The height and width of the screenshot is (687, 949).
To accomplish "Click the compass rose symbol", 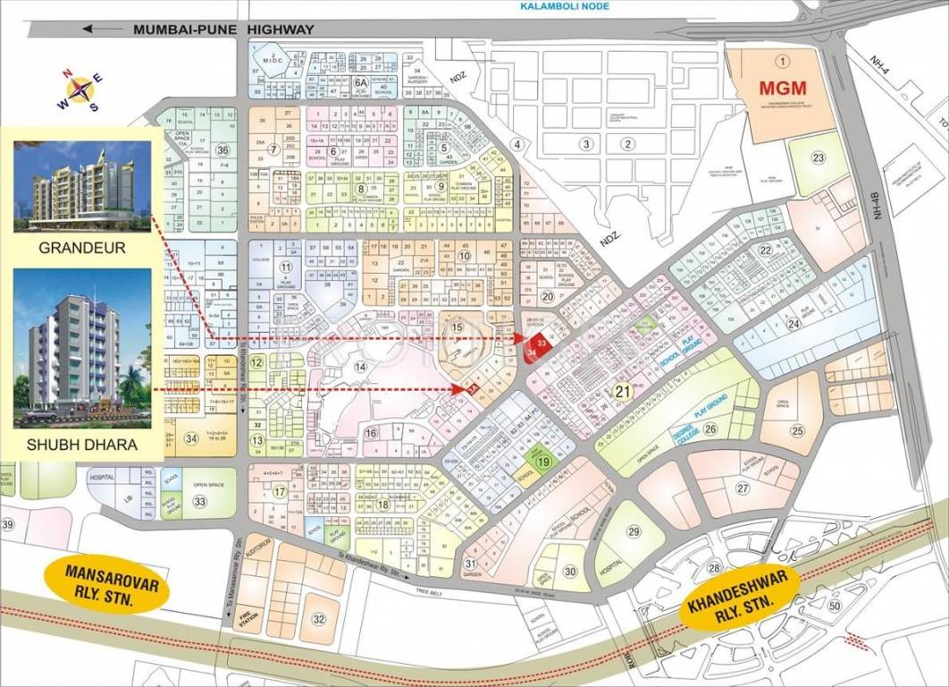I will click(x=80, y=91).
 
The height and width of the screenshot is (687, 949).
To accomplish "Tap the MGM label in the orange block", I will click(x=784, y=89).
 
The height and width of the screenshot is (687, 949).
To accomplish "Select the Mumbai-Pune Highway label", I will click(x=223, y=30).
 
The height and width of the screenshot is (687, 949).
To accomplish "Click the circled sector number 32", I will click(x=318, y=619).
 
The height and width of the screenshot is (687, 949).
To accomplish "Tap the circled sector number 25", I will click(x=797, y=430).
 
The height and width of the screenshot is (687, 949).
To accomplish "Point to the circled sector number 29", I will click(x=634, y=531).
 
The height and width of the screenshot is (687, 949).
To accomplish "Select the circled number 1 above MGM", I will click(x=783, y=61).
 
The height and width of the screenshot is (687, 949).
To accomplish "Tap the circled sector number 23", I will click(x=818, y=158).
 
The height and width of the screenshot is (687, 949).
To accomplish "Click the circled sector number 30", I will click(x=570, y=572).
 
